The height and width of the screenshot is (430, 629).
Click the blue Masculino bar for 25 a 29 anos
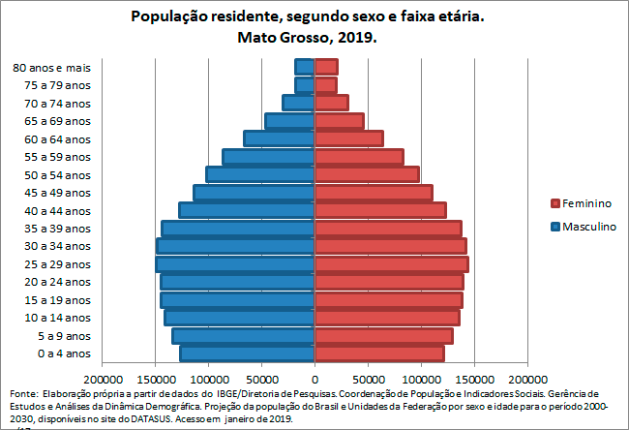(x=234, y=264)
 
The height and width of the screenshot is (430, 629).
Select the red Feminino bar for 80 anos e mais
(x=326, y=67)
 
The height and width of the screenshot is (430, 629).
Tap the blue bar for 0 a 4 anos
(x=247, y=353)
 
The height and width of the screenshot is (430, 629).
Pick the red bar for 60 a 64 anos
(x=348, y=138)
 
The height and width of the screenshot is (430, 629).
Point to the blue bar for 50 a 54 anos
(x=259, y=174)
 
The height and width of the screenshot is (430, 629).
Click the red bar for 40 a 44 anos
(x=379, y=210)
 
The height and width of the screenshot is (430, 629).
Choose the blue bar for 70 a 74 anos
(x=298, y=103)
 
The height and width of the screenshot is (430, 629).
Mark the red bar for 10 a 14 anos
(x=386, y=318)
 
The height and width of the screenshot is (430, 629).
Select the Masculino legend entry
(x=583, y=227)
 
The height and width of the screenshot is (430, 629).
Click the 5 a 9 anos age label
(x=65, y=336)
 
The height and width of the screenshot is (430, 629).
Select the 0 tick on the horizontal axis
(x=314, y=380)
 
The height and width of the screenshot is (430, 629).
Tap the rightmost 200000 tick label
(x=526, y=380)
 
